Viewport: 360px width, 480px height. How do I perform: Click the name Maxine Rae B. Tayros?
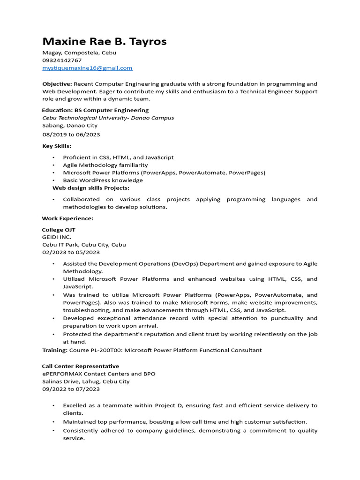[104, 42]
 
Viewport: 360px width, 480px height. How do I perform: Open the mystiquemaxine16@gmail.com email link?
[87, 68]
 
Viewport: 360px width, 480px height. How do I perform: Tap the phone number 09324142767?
[62, 60]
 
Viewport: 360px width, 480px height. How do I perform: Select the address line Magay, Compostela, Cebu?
[79, 53]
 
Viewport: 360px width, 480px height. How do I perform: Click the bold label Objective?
[57, 84]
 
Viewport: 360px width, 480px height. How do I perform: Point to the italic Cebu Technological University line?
[108, 118]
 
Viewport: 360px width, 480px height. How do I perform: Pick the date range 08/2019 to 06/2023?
[71, 135]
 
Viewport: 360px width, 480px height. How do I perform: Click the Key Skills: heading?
[57, 146]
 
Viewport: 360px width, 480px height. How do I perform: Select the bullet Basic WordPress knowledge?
[103, 180]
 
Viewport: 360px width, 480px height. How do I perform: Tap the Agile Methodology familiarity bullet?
[105, 165]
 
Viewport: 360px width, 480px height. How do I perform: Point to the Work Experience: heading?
[67, 218]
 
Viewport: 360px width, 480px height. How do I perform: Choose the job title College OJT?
[59, 230]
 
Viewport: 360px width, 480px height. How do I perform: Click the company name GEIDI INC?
[57, 237]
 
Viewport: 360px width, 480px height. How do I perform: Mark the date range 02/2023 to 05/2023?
[71, 252]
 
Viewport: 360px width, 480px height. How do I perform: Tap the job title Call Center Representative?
[80, 366]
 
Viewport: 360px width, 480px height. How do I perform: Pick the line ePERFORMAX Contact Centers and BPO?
[98, 374]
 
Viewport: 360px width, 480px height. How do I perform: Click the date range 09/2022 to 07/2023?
[71, 389]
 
